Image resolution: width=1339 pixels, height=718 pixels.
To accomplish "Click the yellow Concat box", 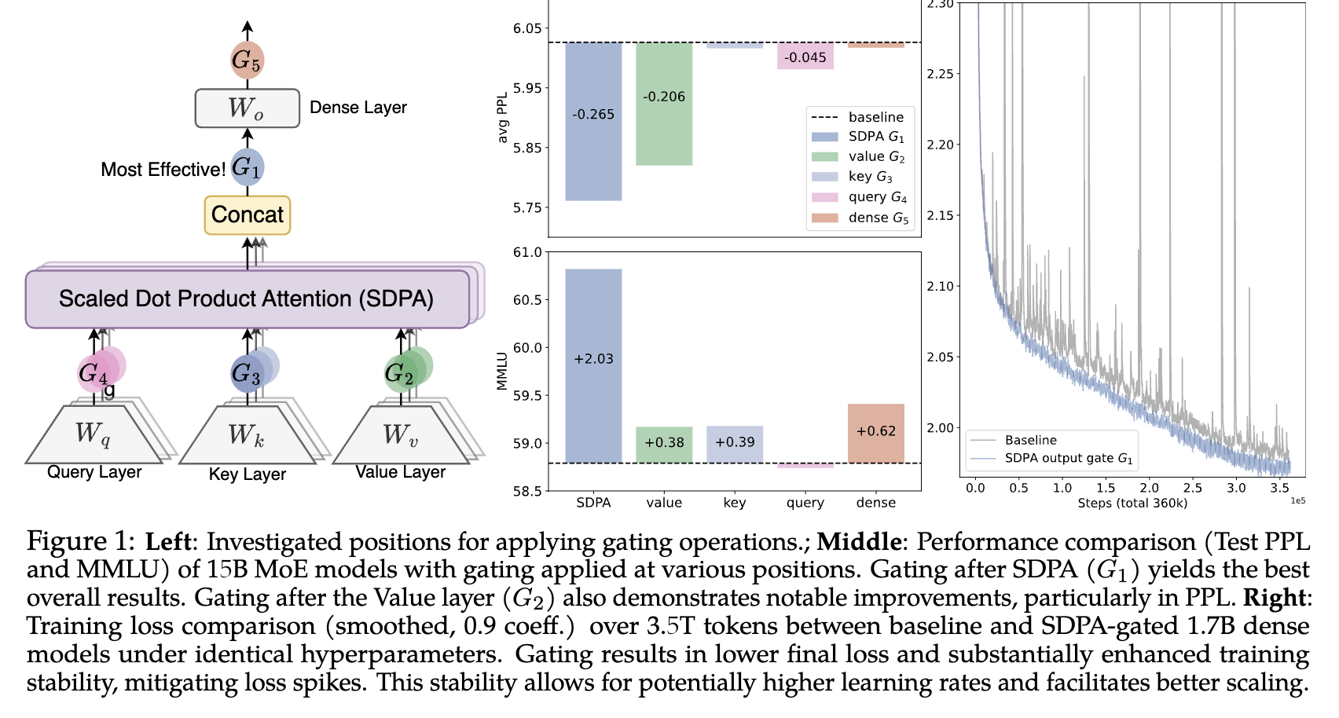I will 248,215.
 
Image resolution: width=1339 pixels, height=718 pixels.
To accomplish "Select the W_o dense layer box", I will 247,108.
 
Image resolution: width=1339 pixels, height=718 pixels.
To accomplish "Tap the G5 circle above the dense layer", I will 247,60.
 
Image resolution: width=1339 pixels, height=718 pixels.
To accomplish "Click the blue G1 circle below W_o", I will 247,167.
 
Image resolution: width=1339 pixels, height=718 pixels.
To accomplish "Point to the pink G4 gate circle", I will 94,372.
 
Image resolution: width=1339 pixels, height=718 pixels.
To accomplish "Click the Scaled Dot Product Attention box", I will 247,299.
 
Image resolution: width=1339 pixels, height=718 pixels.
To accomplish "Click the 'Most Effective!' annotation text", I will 163,170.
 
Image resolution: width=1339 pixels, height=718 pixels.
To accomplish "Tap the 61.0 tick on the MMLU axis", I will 527,252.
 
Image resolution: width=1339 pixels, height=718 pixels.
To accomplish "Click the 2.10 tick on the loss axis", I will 940,286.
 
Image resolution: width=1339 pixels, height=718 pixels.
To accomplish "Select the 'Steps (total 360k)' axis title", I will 1132,504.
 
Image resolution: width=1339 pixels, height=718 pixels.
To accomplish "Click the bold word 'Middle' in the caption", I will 858,542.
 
